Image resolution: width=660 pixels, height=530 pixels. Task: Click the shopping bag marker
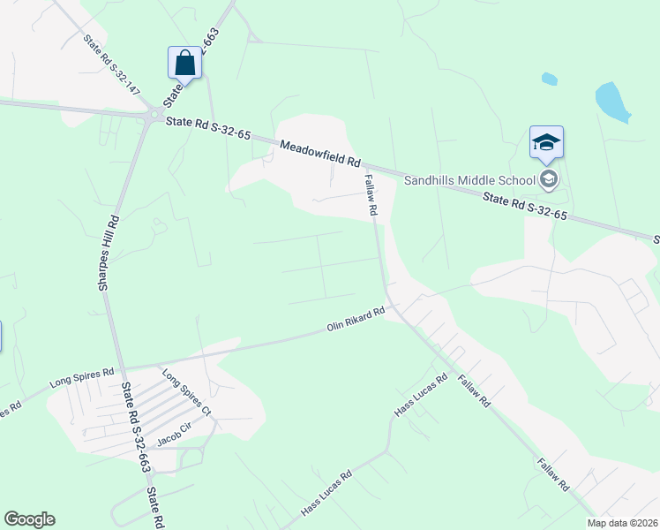point(184,63)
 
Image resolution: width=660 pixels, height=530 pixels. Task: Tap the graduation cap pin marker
point(546,141)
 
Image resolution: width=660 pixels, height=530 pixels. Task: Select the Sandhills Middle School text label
point(469,180)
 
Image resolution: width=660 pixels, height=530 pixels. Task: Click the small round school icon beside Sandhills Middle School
point(549,180)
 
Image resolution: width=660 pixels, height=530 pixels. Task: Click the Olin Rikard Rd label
point(356,319)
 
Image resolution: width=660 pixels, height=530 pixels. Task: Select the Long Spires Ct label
point(187,392)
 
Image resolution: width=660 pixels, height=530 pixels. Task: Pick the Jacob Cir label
point(175,428)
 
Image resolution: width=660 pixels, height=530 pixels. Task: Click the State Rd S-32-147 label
point(112,64)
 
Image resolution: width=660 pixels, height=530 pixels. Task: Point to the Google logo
point(29,519)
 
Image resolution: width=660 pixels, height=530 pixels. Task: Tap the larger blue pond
point(612,102)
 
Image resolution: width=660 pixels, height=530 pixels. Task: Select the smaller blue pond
point(549,79)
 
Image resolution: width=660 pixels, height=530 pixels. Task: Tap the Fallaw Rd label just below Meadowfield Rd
point(371,194)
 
